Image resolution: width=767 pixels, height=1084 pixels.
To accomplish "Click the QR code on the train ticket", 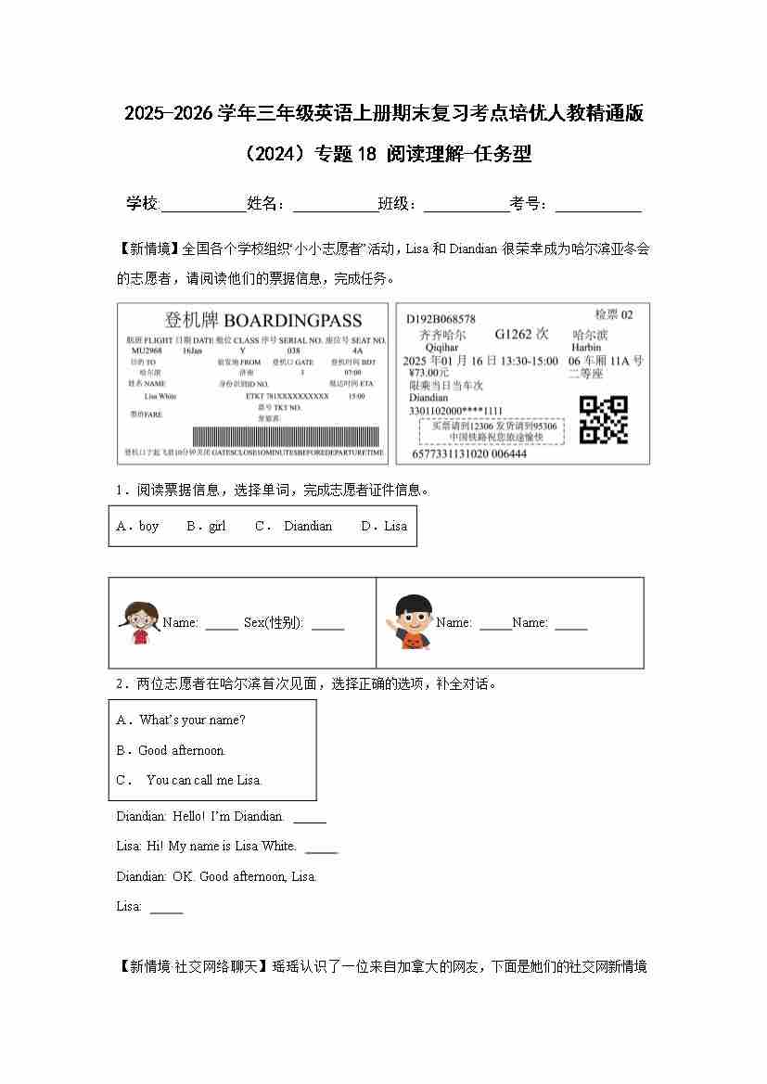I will coord(603,419).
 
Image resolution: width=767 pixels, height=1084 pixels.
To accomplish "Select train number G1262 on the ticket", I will coord(521,334).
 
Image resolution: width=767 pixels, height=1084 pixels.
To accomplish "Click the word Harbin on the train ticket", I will coord(587,348).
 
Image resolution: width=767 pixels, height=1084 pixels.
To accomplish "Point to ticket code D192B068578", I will coord(441,319).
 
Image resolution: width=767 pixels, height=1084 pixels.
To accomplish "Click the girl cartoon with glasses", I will coord(140,620).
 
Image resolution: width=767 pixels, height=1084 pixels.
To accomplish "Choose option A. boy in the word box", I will coord(138,526).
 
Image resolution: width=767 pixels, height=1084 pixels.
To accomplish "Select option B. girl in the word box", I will coord(206,526).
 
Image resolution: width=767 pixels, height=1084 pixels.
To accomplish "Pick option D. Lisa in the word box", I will coord(384,526).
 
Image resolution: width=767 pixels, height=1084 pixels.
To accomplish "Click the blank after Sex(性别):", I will coord(327,624).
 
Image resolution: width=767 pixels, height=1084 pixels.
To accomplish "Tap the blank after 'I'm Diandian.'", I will coord(310,817).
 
